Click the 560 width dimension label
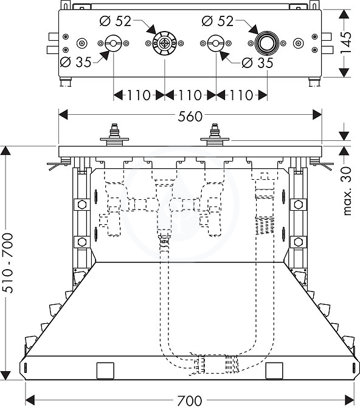coord(190,117)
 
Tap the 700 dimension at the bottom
coord(190,400)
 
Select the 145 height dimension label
coord(345,43)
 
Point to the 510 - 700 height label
coord(8,263)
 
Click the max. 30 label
coord(347,191)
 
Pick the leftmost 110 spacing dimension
coord(139,95)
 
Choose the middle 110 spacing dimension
coord(190,95)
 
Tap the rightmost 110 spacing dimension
coord(241,95)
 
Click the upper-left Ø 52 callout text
coord(115,21)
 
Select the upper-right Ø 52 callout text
coord(218,21)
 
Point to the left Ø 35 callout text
coord(75,62)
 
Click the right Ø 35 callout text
coord(257,63)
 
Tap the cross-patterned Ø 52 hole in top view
coord(164,43)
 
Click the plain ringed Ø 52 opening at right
coord(267,43)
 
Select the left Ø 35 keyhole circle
coord(113,43)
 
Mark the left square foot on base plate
coord(105,371)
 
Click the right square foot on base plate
coord(274,371)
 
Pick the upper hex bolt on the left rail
coord(81,204)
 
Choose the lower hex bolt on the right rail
coord(298,242)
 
